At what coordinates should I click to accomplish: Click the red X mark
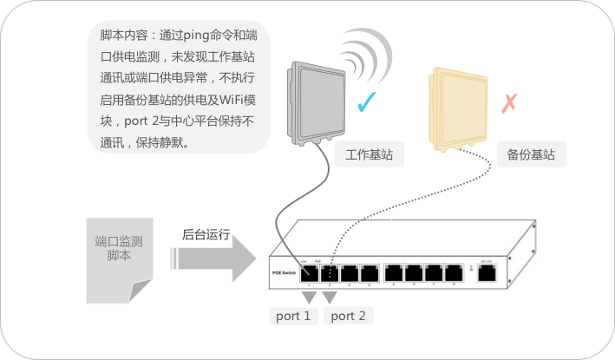click(x=510, y=104)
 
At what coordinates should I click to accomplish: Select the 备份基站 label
click(x=531, y=156)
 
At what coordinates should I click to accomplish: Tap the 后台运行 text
click(x=206, y=234)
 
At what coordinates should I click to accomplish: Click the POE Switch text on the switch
click(x=284, y=273)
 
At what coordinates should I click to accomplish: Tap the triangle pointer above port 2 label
click(x=330, y=296)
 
